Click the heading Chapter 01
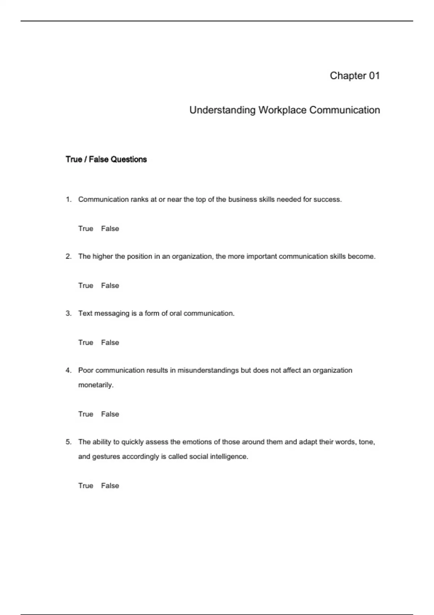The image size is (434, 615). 354,76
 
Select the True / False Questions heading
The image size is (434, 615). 106,160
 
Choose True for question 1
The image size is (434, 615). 86,229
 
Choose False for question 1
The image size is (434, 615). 110,229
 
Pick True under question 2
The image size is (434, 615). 86,285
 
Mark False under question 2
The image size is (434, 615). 110,285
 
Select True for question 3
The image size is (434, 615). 86,343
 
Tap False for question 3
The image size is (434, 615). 110,343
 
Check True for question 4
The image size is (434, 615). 86,414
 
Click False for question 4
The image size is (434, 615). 110,414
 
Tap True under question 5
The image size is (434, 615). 86,485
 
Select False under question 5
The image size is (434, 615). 110,485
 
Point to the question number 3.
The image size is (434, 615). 68,314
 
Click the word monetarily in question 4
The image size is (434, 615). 95,385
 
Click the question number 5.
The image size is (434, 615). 68,442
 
